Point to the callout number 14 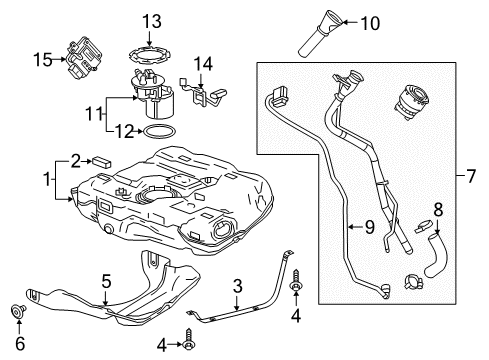(x=203, y=64)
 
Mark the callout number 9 (x=368, y=226)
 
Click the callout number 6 (x=20, y=342)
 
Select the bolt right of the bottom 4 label (x=190, y=346)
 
